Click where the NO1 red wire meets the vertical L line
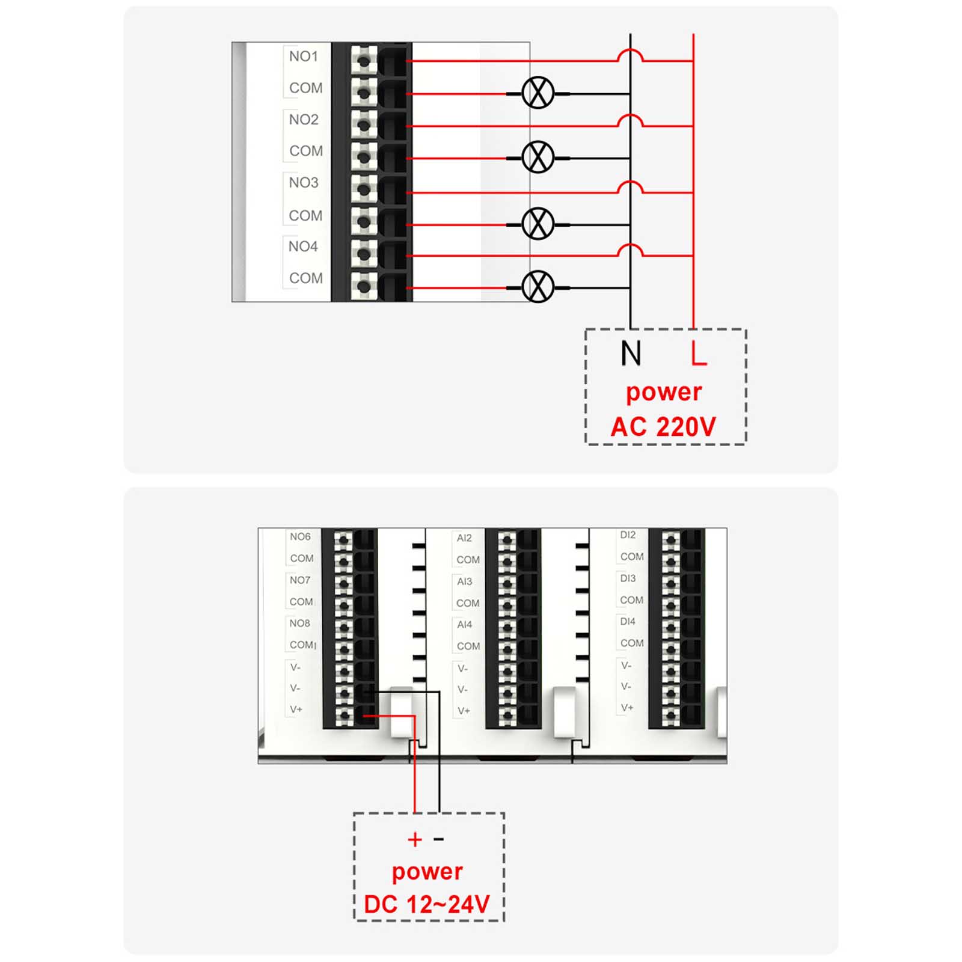click(x=693, y=61)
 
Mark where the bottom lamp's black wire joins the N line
click(x=630, y=287)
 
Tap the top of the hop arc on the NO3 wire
click(x=630, y=181)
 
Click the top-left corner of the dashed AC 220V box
click(x=586, y=329)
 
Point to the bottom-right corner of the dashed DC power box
click(x=503, y=920)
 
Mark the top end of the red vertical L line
click(x=693, y=34)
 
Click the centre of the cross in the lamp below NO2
click(x=538, y=158)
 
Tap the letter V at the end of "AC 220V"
click(x=706, y=427)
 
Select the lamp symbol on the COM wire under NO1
click(x=538, y=93)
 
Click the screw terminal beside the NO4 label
click(x=363, y=254)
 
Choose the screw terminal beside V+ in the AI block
click(x=507, y=715)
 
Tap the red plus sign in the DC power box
click(x=414, y=839)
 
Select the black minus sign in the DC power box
click(x=439, y=839)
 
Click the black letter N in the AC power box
click(x=631, y=353)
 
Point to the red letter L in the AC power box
click(x=699, y=353)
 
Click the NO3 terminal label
click(x=304, y=182)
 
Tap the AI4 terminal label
click(x=464, y=625)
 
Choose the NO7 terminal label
click(x=300, y=580)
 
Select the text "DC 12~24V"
click(x=427, y=904)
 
